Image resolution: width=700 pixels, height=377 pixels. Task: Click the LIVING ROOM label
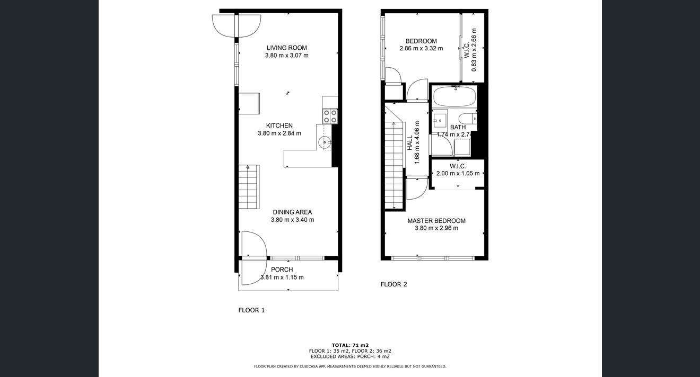pyautogui.click(x=286, y=48)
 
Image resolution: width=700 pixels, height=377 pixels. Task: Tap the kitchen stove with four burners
pyautogui.click(x=330, y=116)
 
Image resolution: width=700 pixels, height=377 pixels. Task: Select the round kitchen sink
pyautogui.click(x=325, y=142)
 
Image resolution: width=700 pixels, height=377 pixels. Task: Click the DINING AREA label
pyautogui.click(x=292, y=212)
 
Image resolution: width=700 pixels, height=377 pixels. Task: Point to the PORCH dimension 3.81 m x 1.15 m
pyautogui.click(x=282, y=277)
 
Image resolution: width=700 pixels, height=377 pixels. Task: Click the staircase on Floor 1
pyautogui.click(x=249, y=186)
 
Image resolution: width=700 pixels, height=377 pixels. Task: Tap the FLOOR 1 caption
pyautogui.click(x=251, y=310)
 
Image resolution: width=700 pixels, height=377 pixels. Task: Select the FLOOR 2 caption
pyautogui.click(x=393, y=284)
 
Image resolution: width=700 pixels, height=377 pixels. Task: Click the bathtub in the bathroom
pyautogui.click(x=454, y=97)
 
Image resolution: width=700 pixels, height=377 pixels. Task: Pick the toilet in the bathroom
pyautogui.click(x=468, y=119)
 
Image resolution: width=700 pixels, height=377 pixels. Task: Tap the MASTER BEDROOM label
pyautogui.click(x=436, y=221)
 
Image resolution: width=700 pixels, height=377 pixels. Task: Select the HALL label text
pyautogui.click(x=410, y=142)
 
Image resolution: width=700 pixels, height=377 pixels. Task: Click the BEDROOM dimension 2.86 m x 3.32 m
pyautogui.click(x=421, y=48)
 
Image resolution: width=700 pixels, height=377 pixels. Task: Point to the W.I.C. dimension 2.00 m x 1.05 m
pyautogui.click(x=458, y=174)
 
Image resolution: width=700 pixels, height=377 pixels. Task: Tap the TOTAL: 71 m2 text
pyautogui.click(x=350, y=345)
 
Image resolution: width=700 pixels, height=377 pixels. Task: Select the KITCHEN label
pyautogui.click(x=279, y=125)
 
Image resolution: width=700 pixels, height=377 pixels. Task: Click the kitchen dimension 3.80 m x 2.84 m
pyautogui.click(x=279, y=133)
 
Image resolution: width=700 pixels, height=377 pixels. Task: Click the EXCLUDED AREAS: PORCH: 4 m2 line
pyautogui.click(x=350, y=356)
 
